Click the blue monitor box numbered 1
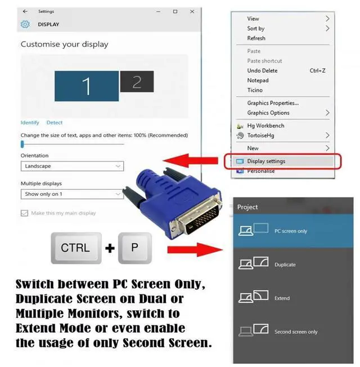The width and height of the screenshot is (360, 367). [x=86, y=86]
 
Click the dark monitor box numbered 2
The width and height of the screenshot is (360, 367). [x=136, y=82]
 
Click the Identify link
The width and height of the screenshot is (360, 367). [x=30, y=123]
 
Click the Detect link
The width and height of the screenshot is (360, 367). [x=55, y=123]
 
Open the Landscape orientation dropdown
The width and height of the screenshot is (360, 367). [x=72, y=167]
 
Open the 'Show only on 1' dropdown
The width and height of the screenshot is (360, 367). [x=72, y=194]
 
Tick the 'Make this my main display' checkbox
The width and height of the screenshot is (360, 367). [x=24, y=213]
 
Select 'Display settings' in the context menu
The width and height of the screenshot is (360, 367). [x=266, y=162]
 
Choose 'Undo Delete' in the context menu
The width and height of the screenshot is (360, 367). [x=262, y=71]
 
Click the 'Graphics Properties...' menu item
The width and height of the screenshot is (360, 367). [x=273, y=103]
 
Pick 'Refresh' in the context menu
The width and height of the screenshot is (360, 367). [x=256, y=38]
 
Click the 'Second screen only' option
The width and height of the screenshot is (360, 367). [x=295, y=332]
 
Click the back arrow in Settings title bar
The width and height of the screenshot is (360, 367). [x=25, y=11]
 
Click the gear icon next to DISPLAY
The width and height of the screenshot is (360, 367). [x=25, y=24]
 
